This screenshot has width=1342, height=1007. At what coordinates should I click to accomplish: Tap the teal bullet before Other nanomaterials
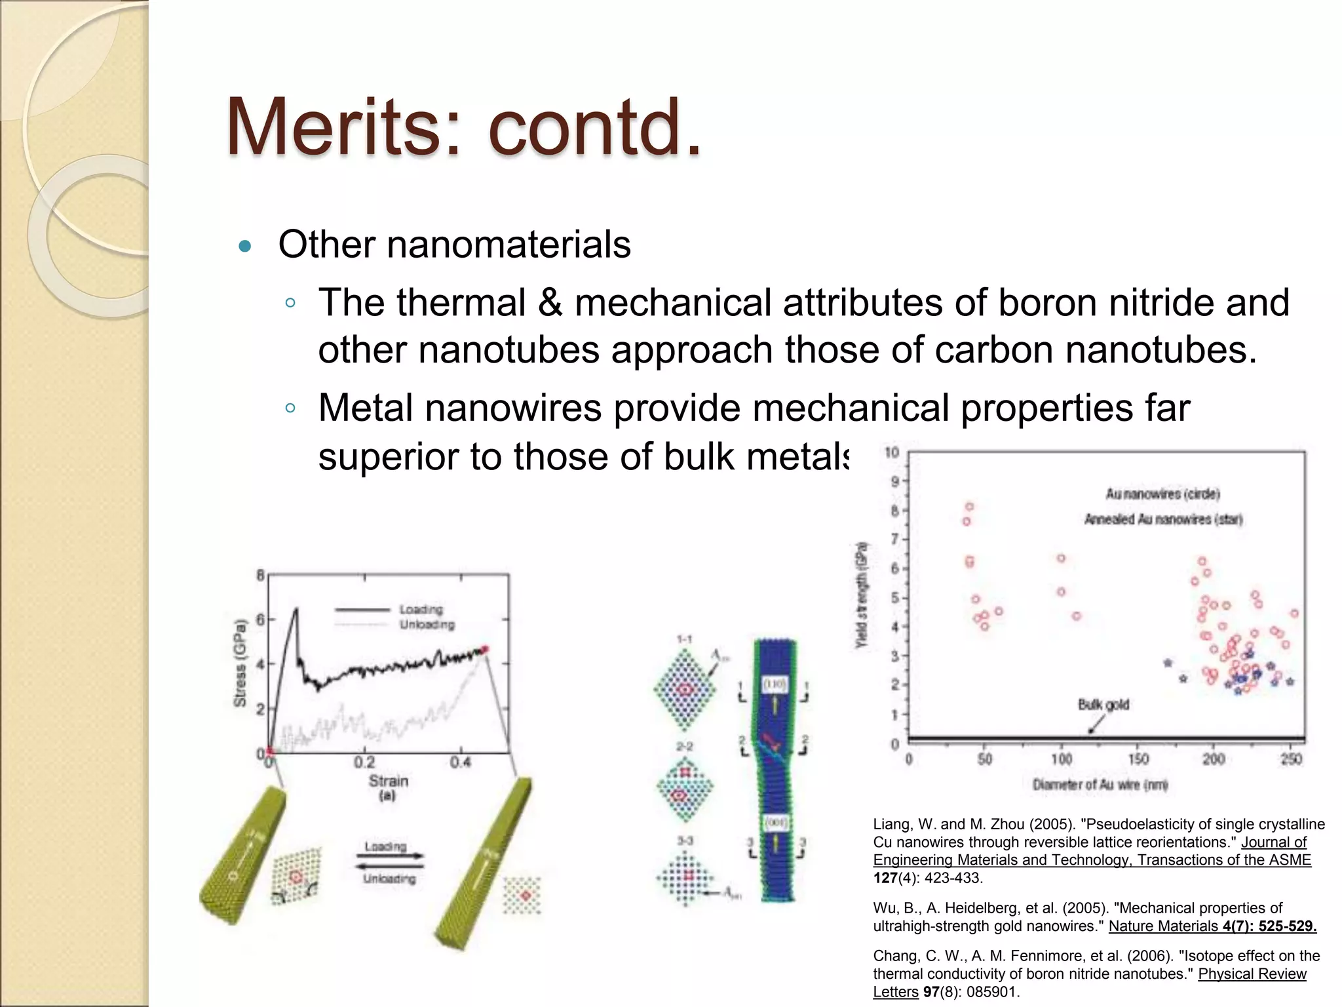click(x=245, y=247)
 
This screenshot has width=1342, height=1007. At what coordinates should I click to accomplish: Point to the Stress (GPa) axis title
click(x=240, y=663)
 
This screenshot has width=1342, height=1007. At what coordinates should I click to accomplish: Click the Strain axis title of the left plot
click(x=388, y=781)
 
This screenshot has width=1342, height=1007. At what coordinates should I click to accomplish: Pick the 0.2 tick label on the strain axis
click(x=364, y=762)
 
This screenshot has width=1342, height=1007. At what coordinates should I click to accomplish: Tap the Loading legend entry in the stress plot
click(x=421, y=610)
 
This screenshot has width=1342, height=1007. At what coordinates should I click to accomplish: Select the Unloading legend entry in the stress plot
click(x=427, y=624)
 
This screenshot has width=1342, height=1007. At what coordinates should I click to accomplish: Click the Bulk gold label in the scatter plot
click(x=1103, y=705)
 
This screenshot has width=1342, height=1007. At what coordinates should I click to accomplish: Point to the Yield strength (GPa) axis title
click(x=862, y=595)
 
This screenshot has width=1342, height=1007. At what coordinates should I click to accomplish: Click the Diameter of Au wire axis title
click(x=1100, y=785)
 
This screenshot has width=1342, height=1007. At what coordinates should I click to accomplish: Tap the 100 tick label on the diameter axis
click(x=1061, y=759)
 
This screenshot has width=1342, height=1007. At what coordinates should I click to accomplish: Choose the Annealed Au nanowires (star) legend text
click(x=1163, y=519)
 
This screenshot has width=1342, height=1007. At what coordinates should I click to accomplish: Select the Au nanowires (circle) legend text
click(x=1162, y=494)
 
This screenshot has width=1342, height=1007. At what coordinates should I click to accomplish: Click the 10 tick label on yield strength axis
click(x=892, y=452)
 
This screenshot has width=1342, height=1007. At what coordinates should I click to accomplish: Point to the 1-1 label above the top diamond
click(x=684, y=639)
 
